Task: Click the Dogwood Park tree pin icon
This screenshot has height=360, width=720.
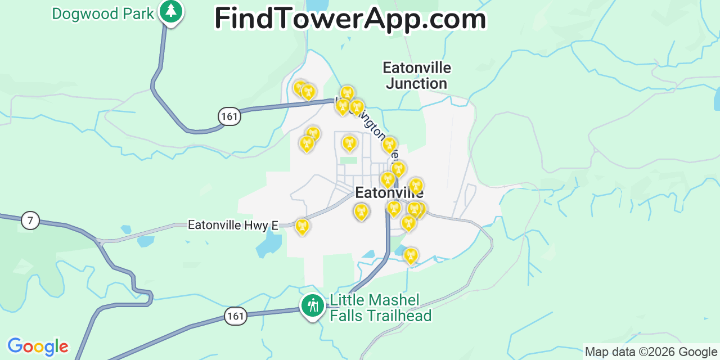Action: tap(171, 11)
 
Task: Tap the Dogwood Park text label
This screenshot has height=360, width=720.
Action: tap(103, 13)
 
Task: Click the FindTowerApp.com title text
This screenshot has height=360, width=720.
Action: tap(350, 19)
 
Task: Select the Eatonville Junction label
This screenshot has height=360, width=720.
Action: tap(417, 75)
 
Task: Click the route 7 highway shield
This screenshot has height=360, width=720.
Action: tap(30, 220)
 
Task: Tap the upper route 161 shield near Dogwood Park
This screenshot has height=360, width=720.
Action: tap(229, 116)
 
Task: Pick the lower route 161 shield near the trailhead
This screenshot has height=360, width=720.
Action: tap(235, 316)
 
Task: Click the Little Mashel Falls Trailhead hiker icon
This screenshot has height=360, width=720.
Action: tap(312, 306)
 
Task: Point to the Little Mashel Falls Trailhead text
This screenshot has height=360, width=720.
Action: tap(380, 308)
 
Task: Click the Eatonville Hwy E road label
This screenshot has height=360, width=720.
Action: tap(233, 225)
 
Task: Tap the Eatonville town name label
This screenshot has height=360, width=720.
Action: tap(389, 193)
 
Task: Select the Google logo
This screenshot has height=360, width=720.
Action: tap(38, 346)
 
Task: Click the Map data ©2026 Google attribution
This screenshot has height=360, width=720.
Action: tap(651, 352)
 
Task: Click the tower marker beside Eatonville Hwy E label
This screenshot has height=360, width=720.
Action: tap(302, 226)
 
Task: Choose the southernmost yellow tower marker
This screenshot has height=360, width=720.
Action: tap(411, 255)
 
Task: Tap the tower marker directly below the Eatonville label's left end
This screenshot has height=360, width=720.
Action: tap(361, 211)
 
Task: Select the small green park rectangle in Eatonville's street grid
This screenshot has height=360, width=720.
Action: tap(349, 160)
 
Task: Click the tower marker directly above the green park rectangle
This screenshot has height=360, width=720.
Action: tap(349, 143)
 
